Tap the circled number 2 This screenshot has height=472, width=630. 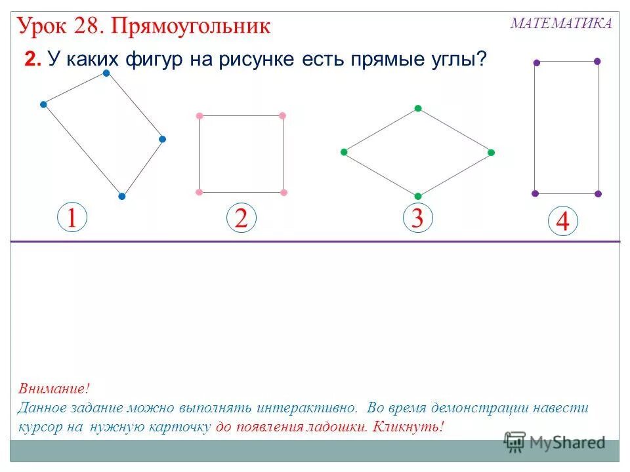241,218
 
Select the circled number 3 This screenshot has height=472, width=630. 417,218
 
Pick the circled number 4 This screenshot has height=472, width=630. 562,222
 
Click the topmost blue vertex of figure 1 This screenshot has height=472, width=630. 106,73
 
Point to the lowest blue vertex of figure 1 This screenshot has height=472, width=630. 121,196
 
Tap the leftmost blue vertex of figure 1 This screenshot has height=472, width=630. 43,104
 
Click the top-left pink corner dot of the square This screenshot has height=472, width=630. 199,116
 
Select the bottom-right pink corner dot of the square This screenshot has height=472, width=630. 283,192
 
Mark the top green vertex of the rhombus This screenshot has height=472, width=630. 417,108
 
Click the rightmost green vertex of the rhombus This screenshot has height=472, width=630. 491,152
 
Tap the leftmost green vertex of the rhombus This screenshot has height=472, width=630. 343,152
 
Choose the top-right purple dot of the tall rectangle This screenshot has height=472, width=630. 597,61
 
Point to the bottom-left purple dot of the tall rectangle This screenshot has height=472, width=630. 535,193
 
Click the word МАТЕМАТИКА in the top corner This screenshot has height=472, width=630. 561,24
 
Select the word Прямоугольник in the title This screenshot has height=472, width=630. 191,26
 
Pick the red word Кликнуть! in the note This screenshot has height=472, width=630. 408,427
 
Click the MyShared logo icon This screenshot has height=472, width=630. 516,441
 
